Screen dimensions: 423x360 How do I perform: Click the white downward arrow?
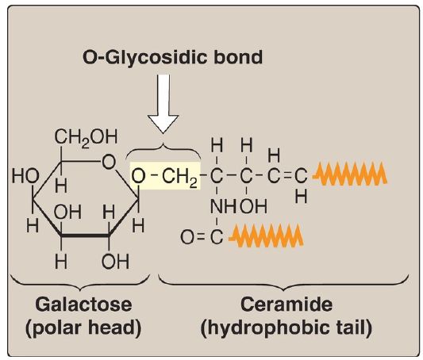point(163,104)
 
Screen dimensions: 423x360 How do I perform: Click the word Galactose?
point(83,304)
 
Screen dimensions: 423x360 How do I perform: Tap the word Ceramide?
point(286,304)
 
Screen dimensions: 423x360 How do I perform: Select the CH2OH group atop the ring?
point(86,137)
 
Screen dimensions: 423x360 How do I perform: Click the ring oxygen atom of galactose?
point(109,163)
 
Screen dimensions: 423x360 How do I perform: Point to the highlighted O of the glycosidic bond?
point(138,175)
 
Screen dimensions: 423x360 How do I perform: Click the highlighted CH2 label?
point(179,177)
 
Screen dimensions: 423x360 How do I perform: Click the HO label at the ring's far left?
point(25,177)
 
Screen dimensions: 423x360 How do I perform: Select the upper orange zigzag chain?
point(350,174)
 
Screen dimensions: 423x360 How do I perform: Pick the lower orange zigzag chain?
point(266,235)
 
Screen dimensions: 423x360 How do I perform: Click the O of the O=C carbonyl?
point(187,238)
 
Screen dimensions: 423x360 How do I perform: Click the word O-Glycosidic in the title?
point(145,58)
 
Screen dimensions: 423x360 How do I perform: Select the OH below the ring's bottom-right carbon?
point(115,262)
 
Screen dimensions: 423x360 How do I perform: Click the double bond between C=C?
point(287,177)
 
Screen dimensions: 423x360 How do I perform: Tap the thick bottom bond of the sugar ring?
point(85,236)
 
